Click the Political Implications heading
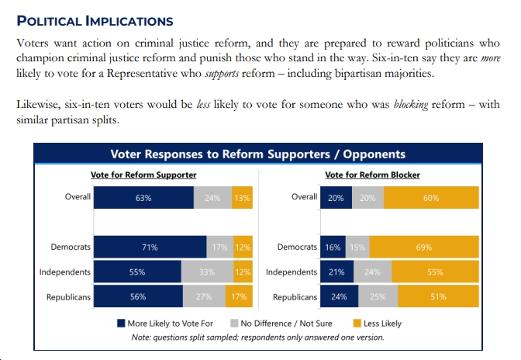[x=95, y=21]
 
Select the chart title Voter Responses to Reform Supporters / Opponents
[x=258, y=154]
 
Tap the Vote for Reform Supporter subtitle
[x=143, y=175]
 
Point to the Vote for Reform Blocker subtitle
[x=372, y=175]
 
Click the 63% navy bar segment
[x=143, y=197]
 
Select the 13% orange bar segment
[x=242, y=197]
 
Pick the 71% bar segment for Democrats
[x=150, y=247]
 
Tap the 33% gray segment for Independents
[x=207, y=272]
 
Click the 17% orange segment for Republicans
[x=239, y=296]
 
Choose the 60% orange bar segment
[x=431, y=197]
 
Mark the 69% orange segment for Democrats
[x=424, y=247]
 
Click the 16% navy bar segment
[x=333, y=247]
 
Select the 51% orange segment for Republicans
[x=439, y=296]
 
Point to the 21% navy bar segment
[x=337, y=272]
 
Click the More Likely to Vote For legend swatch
[x=121, y=323]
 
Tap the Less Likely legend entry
[x=378, y=323]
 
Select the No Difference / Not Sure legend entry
[x=281, y=323]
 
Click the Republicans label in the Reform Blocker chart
[x=295, y=297]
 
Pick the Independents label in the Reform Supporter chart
[x=65, y=272]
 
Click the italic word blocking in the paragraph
[x=411, y=105]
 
